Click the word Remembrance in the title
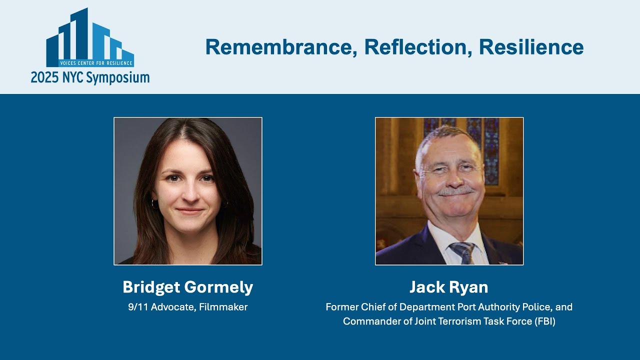[x=281, y=47]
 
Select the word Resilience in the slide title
[x=531, y=47]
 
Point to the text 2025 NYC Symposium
[x=90, y=77]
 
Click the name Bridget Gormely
[x=188, y=287]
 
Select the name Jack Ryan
[x=448, y=287]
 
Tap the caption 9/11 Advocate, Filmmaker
[x=188, y=307]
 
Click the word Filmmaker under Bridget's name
[x=223, y=307]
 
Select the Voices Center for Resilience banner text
[x=95, y=63]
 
